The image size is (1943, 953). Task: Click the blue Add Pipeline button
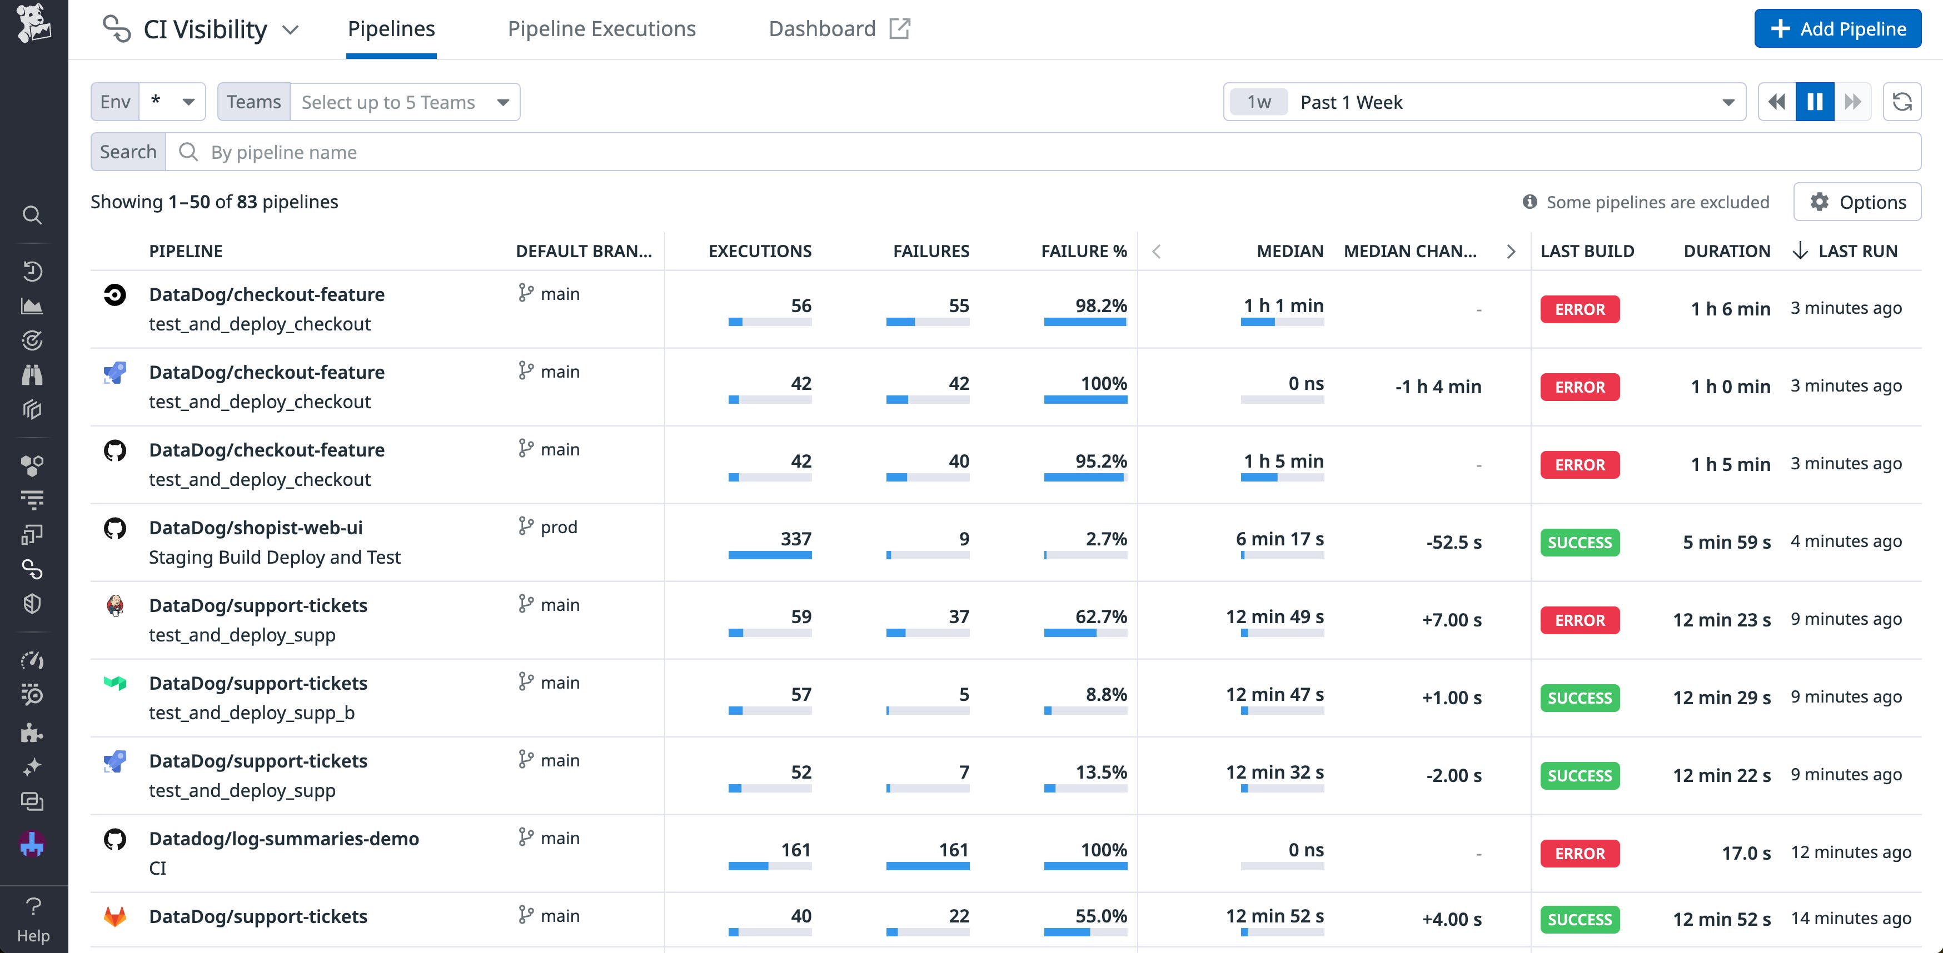[x=1837, y=29]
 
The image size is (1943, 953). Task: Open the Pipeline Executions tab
[x=601, y=29]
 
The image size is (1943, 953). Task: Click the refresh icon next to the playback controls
[x=1901, y=102]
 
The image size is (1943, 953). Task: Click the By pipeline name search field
[x=1041, y=152]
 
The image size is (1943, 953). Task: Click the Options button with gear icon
[x=1857, y=202]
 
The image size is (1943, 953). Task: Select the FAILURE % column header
[x=1083, y=251]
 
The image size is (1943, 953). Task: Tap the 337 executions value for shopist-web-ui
[x=796, y=539]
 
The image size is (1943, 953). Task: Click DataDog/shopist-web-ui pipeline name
[x=256, y=528]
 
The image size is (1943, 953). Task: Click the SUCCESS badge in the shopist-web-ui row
[x=1580, y=543]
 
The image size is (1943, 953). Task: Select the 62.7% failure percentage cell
[x=1100, y=617]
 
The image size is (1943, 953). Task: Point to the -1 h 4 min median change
[x=1438, y=387]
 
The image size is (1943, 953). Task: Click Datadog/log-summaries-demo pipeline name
[x=283, y=839]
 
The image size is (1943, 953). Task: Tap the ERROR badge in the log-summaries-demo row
[x=1580, y=854]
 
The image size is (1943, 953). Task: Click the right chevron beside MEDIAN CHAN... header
[x=1511, y=251]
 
